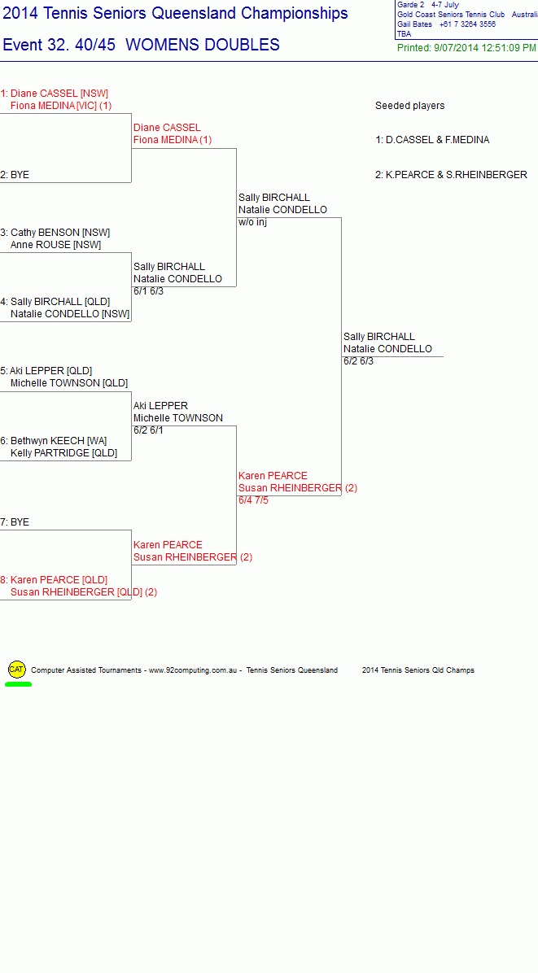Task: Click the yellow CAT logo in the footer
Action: coord(17,670)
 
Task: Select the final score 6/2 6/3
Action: coord(359,361)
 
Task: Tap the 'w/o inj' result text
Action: coord(252,222)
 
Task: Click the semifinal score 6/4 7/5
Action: coord(254,500)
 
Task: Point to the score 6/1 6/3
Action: coord(148,291)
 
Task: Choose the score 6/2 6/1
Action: coord(148,430)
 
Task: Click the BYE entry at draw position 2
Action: coord(15,175)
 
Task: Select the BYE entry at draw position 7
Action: coord(15,522)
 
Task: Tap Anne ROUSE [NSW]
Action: coord(56,245)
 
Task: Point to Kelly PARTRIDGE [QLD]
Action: coord(64,453)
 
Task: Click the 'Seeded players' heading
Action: coord(410,106)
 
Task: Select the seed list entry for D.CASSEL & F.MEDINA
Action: coord(432,140)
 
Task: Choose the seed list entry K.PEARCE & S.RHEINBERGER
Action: coord(451,175)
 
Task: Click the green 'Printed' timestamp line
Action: coord(466,48)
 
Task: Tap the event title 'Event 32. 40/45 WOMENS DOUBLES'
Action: coord(142,45)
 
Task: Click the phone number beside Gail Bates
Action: coord(467,24)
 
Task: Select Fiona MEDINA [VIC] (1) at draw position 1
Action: coord(61,106)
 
